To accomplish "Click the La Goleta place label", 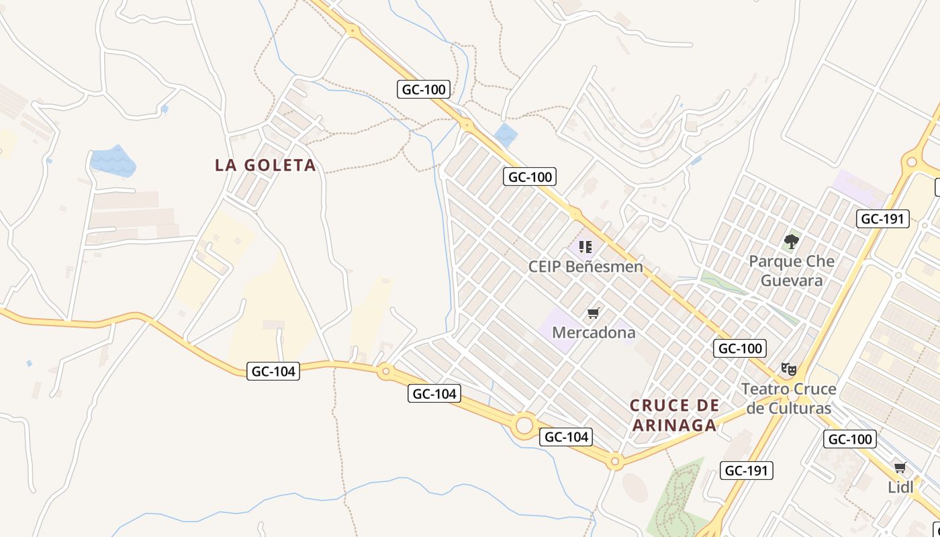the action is tap(265, 165).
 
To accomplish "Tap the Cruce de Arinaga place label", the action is tap(674, 415).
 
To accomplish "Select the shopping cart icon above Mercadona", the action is tap(593, 313).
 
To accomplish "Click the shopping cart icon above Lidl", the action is tap(900, 468).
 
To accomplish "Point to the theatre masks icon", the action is tap(788, 369).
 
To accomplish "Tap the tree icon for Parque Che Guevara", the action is tap(792, 242).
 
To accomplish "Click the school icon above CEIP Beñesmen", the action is tap(585, 247).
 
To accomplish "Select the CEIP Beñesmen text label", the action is tap(585, 266).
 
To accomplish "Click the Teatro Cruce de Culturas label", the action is tap(788, 399).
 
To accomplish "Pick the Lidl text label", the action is tap(900, 487).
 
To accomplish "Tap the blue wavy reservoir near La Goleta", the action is tap(112, 161).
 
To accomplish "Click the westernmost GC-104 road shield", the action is tap(273, 371).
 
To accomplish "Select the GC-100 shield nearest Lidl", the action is tap(850, 440).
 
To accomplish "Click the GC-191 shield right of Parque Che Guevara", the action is tap(883, 219).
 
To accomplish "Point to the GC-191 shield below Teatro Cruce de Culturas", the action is tap(747, 471).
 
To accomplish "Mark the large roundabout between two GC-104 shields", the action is tap(524, 425).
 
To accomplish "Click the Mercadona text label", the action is tap(594, 332).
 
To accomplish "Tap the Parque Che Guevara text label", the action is tap(792, 271).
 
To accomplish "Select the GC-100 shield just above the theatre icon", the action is tap(739, 348).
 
